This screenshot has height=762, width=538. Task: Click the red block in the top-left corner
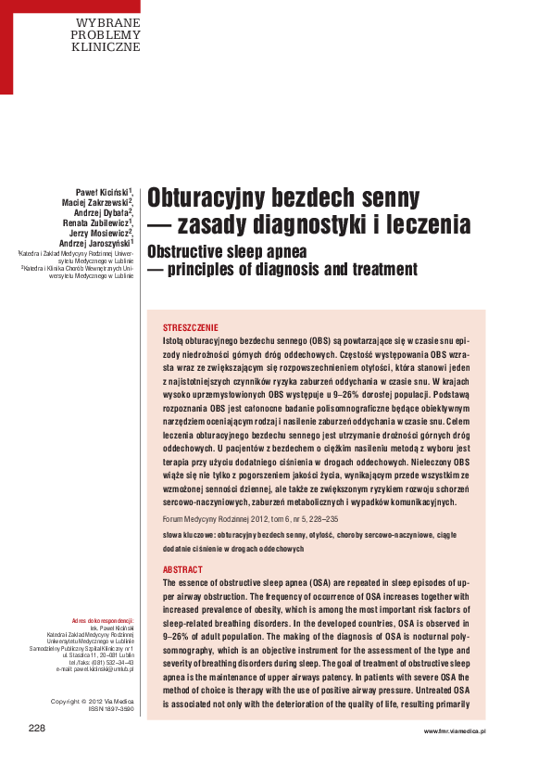(6, 46)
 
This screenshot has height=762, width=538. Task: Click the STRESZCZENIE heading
(191, 328)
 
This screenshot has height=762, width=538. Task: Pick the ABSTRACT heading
(181, 569)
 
